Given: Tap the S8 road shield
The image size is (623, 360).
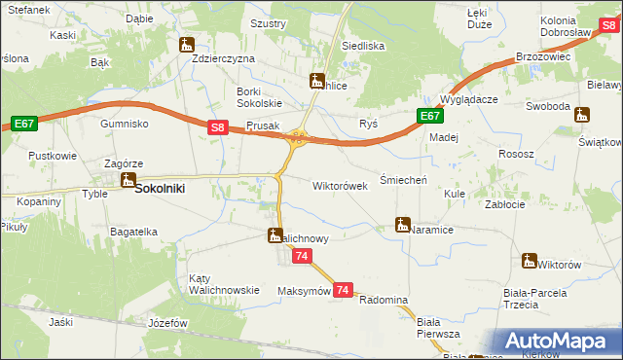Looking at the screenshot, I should (x=219, y=126).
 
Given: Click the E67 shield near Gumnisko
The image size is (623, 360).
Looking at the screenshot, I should (x=24, y=124).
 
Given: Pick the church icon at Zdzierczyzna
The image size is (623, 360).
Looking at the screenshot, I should (x=187, y=44).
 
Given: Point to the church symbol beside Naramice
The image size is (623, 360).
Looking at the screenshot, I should (x=403, y=225).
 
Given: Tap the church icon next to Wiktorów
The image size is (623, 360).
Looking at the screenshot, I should (x=530, y=260).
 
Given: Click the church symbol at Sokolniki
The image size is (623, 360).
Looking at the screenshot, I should (x=128, y=179).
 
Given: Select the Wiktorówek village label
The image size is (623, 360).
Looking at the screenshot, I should (x=340, y=185).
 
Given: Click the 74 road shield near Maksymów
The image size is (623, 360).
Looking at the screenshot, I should (x=342, y=290).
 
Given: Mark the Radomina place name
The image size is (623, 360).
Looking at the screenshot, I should (x=383, y=300).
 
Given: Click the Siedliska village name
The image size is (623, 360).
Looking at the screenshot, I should (x=363, y=46).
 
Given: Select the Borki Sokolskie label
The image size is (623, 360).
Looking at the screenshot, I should (x=259, y=97).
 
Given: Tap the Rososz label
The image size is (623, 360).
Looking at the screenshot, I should (x=516, y=154).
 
